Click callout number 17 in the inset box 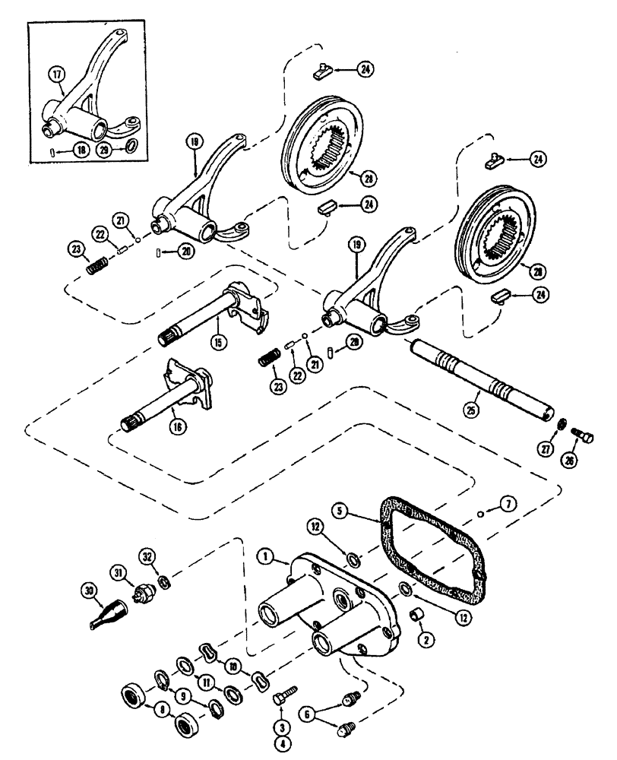point(57,74)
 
